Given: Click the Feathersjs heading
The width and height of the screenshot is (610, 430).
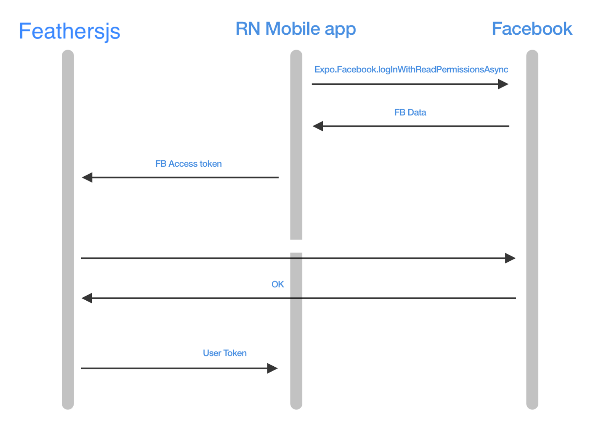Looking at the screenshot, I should coord(69,31).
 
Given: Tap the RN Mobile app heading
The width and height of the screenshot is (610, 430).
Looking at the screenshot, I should coord(295,29).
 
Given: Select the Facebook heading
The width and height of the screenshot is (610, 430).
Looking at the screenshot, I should coord(532,29).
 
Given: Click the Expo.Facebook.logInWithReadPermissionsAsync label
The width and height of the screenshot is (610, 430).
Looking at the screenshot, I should coord(411,69).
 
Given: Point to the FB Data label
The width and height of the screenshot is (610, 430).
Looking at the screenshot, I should coord(410,113).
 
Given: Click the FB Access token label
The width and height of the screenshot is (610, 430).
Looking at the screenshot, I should coord(188,164).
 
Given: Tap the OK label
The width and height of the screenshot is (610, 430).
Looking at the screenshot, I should coord(278,284).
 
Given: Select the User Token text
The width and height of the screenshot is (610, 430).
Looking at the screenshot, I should coord(225,353).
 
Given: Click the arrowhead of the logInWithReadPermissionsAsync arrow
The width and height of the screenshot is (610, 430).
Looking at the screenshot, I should coord(503,84).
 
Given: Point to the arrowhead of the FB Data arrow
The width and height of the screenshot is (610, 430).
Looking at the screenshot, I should coord(318,126).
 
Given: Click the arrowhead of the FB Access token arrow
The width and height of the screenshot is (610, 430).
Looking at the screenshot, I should coord(87,177).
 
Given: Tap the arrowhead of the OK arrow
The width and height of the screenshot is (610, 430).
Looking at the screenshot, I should coord(87,298).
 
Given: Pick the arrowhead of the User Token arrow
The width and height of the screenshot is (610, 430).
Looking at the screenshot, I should coord(272,368).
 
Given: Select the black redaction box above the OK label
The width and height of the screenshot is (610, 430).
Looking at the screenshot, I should coord(291,246).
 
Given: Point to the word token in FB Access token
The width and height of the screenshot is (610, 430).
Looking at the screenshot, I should coord(210,164).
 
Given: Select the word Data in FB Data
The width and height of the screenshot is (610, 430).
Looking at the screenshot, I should coord(417,113).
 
